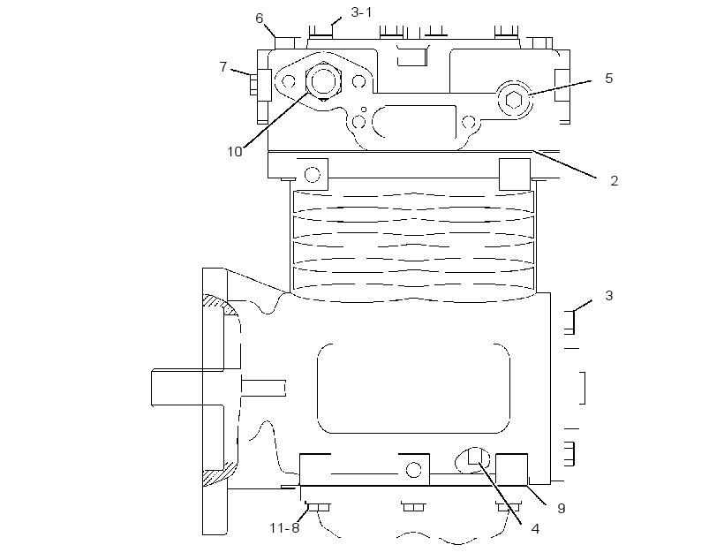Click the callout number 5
coord(608,79)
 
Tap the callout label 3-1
coord(361,12)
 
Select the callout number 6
coord(260,19)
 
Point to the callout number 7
coord(223,67)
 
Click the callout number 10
coord(235,152)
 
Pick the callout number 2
coord(615,181)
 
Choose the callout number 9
coord(562,508)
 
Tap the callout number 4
coord(535,528)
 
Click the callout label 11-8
coord(284,527)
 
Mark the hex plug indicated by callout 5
coord(514,99)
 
